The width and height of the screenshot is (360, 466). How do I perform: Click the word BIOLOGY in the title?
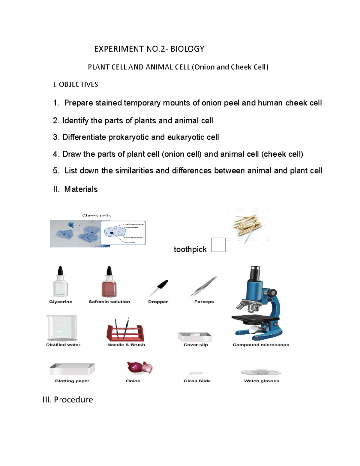pyautogui.click(x=187, y=49)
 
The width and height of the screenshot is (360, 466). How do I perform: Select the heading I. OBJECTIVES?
pyautogui.click(x=75, y=85)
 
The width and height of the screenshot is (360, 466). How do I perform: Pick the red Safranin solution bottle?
pyautogui.click(x=109, y=283)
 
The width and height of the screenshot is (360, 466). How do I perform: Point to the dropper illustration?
pyautogui.click(x=158, y=287)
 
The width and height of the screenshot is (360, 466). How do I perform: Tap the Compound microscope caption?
pyautogui.click(x=261, y=345)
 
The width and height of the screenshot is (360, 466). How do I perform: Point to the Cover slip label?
pyautogui.click(x=196, y=345)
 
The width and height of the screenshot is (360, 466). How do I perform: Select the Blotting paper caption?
pyautogui.click(x=72, y=381)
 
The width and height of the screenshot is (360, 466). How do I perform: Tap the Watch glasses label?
pyautogui.click(x=261, y=381)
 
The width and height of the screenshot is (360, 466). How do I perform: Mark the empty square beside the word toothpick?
pyautogui.click(x=218, y=245)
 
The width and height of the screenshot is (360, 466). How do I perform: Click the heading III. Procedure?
pyautogui.click(x=68, y=400)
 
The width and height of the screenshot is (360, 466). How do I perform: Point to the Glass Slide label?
pyautogui.click(x=197, y=381)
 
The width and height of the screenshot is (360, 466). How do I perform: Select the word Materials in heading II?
pyautogui.click(x=81, y=189)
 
